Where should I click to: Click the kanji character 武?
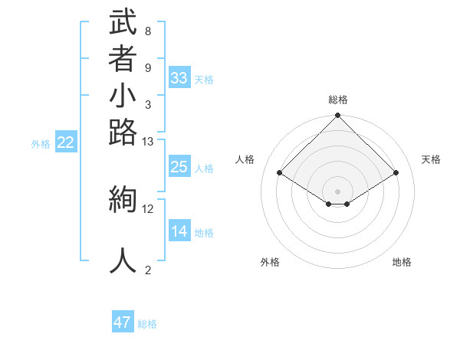point(123,22)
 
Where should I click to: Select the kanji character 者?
point(123,61)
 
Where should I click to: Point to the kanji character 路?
point(123,133)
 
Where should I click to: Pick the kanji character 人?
point(123,260)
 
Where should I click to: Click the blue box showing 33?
point(179,78)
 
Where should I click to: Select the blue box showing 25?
point(179,168)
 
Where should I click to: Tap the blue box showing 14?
point(179,232)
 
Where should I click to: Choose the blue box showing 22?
point(66,142)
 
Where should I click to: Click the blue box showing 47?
point(123,322)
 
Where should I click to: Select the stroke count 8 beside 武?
point(147,31)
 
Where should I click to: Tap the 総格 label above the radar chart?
point(338,100)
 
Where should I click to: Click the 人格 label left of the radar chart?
point(245,159)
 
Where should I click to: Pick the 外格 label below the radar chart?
point(270,262)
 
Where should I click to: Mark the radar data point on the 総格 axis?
point(338,116)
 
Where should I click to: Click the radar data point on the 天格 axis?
point(396,173)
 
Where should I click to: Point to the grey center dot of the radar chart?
point(338,191)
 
